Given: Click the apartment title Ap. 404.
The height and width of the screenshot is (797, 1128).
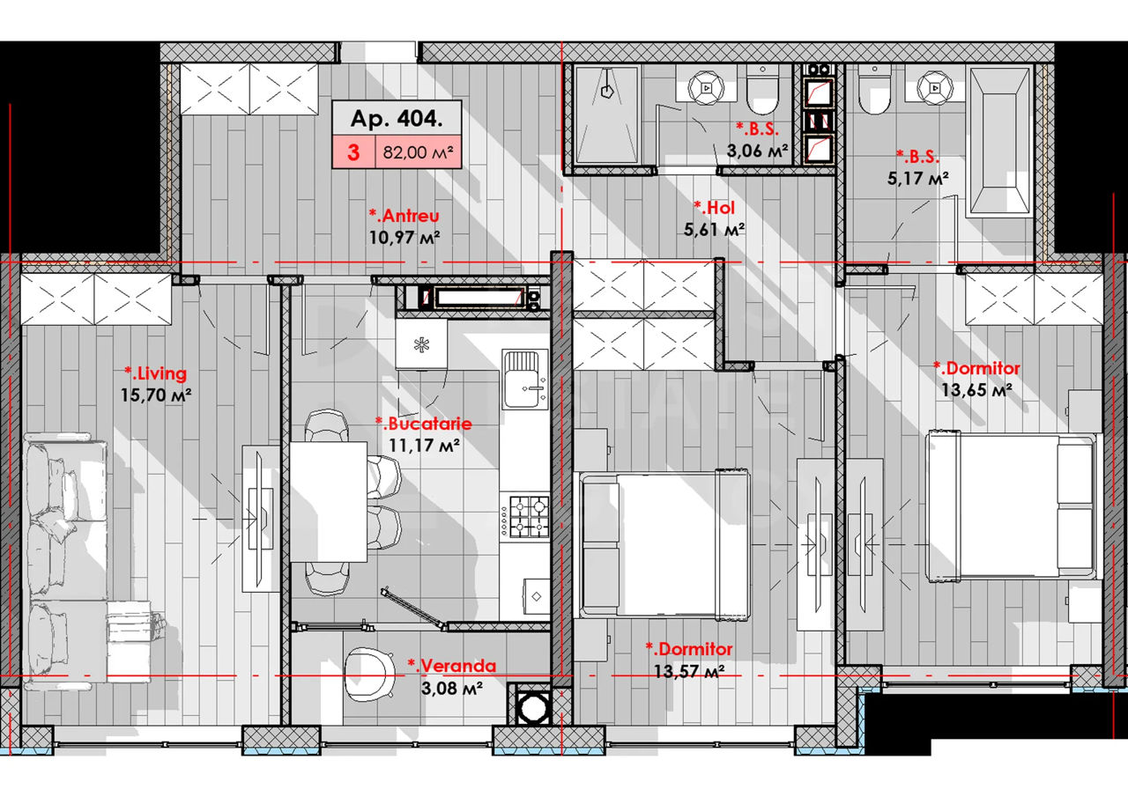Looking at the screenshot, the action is tap(397, 119).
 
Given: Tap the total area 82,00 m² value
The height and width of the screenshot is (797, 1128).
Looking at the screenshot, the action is tap(418, 152).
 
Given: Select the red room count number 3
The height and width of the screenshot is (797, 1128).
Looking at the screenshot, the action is tap(353, 152).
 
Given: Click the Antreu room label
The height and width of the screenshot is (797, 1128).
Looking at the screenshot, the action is tap(404, 216).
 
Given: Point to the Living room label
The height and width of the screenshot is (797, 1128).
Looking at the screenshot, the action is tap(156, 373).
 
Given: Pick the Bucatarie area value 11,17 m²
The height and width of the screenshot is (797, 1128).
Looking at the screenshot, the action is tap(424, 445).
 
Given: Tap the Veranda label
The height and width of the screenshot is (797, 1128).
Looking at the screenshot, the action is tap(452, 666).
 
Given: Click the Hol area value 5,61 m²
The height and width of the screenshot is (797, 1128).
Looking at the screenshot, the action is tap(714, 230).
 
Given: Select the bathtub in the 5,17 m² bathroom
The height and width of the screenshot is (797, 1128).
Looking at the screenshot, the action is tap(999, 143).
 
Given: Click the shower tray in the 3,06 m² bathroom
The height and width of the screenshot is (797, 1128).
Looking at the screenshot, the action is tap(607, 115).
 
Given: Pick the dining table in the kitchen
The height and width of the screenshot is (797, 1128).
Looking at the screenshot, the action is tap(328, 502).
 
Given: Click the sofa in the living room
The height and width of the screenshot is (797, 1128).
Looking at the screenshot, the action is tap(65, 559).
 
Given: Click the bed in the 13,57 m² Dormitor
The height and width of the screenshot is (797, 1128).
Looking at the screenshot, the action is tap(664, 543).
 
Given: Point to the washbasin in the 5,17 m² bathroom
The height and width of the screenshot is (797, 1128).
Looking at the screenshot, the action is tap(935, 87).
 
